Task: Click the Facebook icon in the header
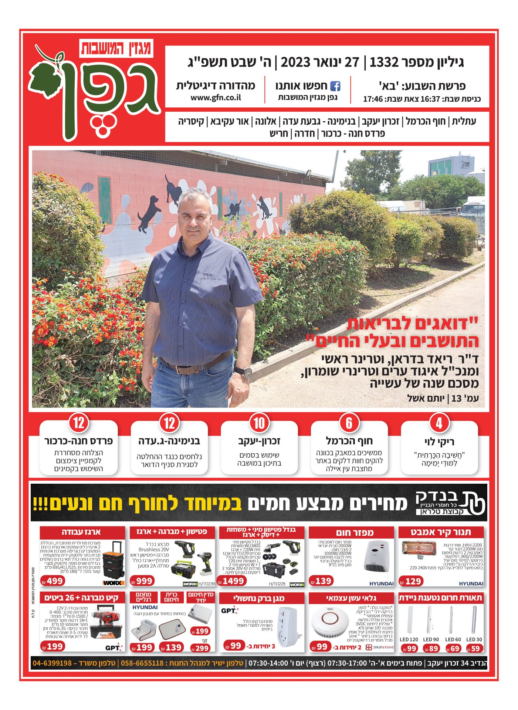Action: click(335, 86)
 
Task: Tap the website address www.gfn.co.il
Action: click(216, 98)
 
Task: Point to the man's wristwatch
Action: click(244, 372)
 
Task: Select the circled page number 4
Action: click(439, 423)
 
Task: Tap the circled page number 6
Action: click(349, 423)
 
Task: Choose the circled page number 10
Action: click(259, 423)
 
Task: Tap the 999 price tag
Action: click(143, 581)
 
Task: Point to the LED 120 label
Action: click(409, 639)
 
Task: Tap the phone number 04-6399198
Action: click(52, 663)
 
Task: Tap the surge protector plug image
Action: click(287, 626)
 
